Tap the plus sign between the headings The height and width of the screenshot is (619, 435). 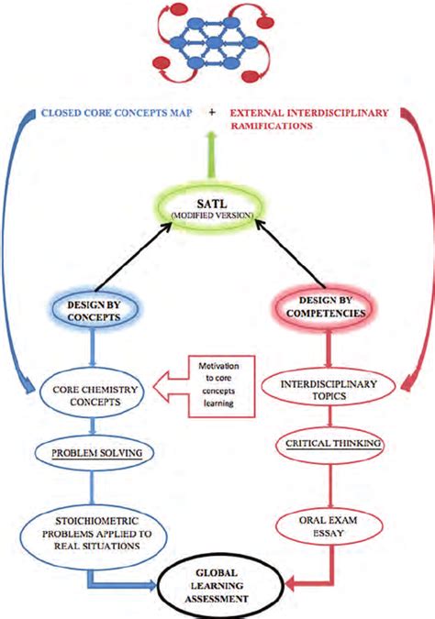click(213, 111)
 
